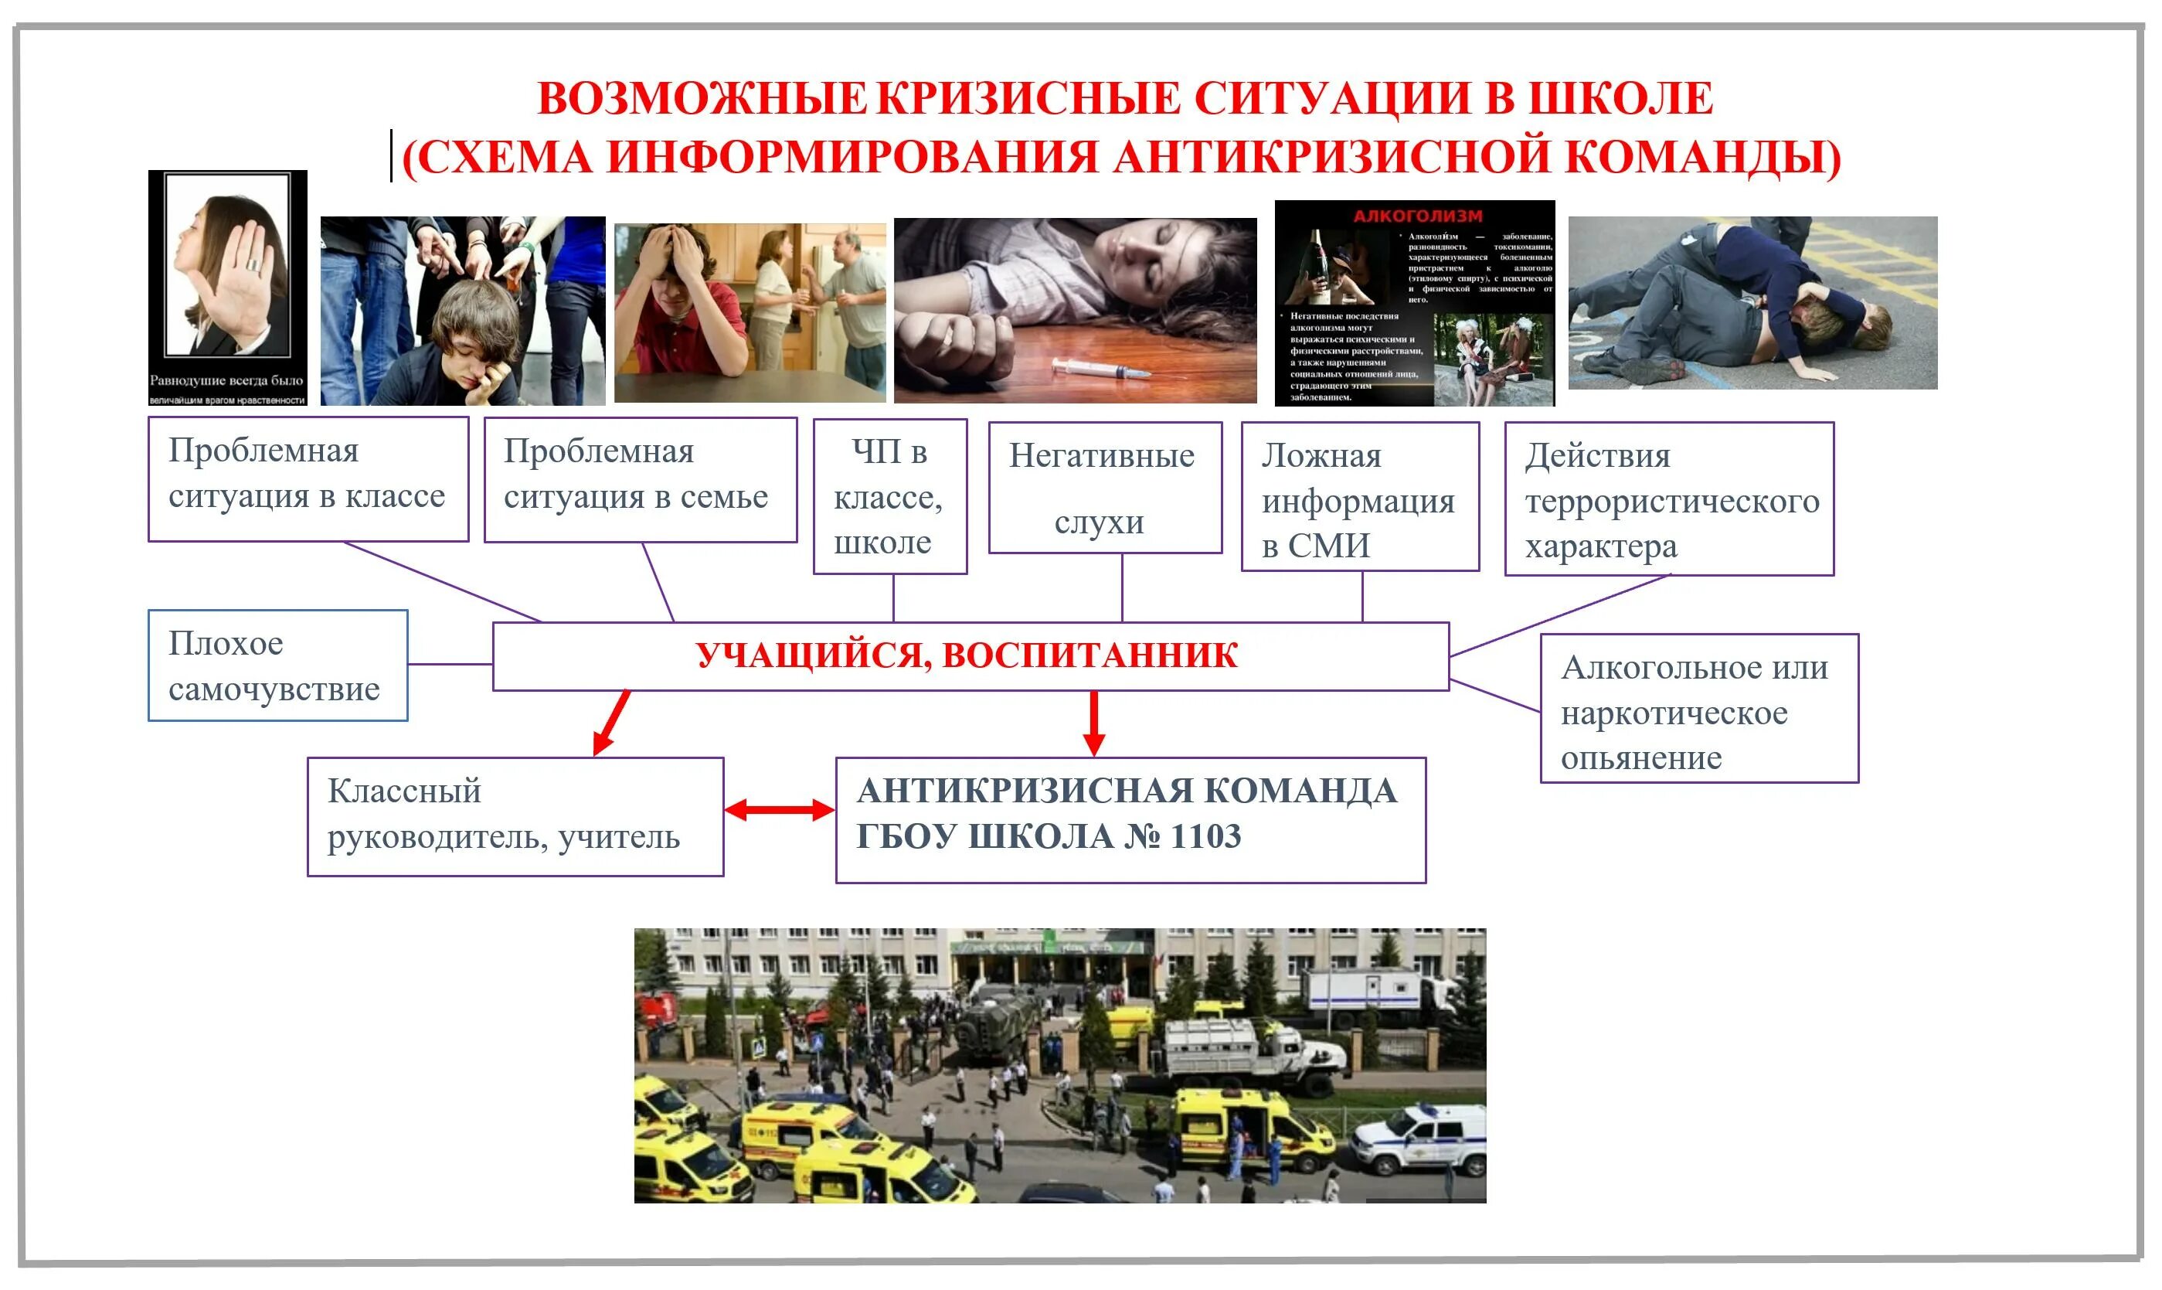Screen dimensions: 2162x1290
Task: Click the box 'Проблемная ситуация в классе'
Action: [308, 479]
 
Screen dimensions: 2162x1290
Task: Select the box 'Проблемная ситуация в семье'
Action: [640, 480]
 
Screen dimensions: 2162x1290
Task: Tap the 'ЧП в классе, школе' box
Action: [890, 496]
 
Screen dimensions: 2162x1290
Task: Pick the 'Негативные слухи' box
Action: [1104, 488]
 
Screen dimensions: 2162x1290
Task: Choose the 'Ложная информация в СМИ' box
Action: [1359, 497]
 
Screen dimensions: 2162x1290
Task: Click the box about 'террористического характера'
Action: [1668, 499]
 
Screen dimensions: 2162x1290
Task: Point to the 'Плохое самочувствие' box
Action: [277, 665]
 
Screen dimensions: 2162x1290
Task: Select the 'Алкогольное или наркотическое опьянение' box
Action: [1699, 709]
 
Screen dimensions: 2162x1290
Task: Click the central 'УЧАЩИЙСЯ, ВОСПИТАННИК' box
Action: [970, 656]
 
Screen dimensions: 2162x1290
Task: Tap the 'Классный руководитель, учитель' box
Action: [515, 816]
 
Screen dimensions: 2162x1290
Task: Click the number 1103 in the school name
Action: [1205, 837]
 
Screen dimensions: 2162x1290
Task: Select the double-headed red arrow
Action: [779, 810]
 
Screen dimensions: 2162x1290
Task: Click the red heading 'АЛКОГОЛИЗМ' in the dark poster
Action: [1417, 216]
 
